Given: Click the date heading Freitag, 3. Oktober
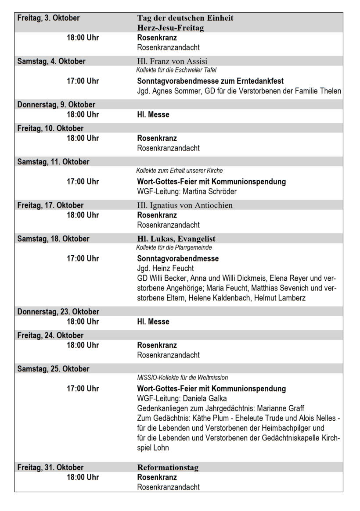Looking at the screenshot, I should [48, 18].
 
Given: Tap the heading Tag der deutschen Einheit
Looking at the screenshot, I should [185, 18].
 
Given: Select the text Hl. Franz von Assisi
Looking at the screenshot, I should [172, 61].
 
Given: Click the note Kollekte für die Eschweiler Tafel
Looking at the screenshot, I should [176, 70].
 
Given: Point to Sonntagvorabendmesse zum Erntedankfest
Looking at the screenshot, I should [210, 81].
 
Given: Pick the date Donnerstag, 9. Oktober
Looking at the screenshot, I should [56, 104].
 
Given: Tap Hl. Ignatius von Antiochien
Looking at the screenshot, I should [185, 205].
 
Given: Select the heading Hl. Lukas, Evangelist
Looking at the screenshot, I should [176, 239].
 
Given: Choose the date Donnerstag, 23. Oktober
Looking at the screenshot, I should [58, 311].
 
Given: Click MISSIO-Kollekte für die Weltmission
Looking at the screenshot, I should [182, 377].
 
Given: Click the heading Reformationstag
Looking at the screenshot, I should [168, 468].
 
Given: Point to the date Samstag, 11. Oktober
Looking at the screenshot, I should [53, 161].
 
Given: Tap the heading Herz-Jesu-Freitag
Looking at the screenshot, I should [170, 28].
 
